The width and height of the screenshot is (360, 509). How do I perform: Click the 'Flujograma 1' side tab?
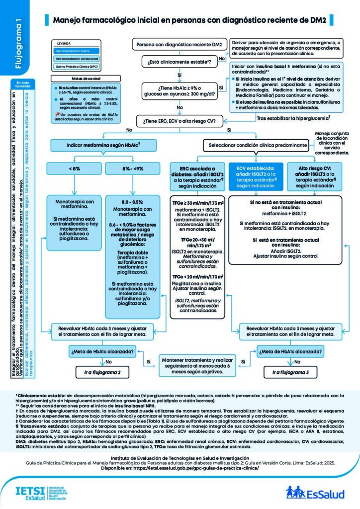(x=18, y=45)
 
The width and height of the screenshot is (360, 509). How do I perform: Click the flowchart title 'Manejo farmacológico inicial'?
(x=188, y=20)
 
